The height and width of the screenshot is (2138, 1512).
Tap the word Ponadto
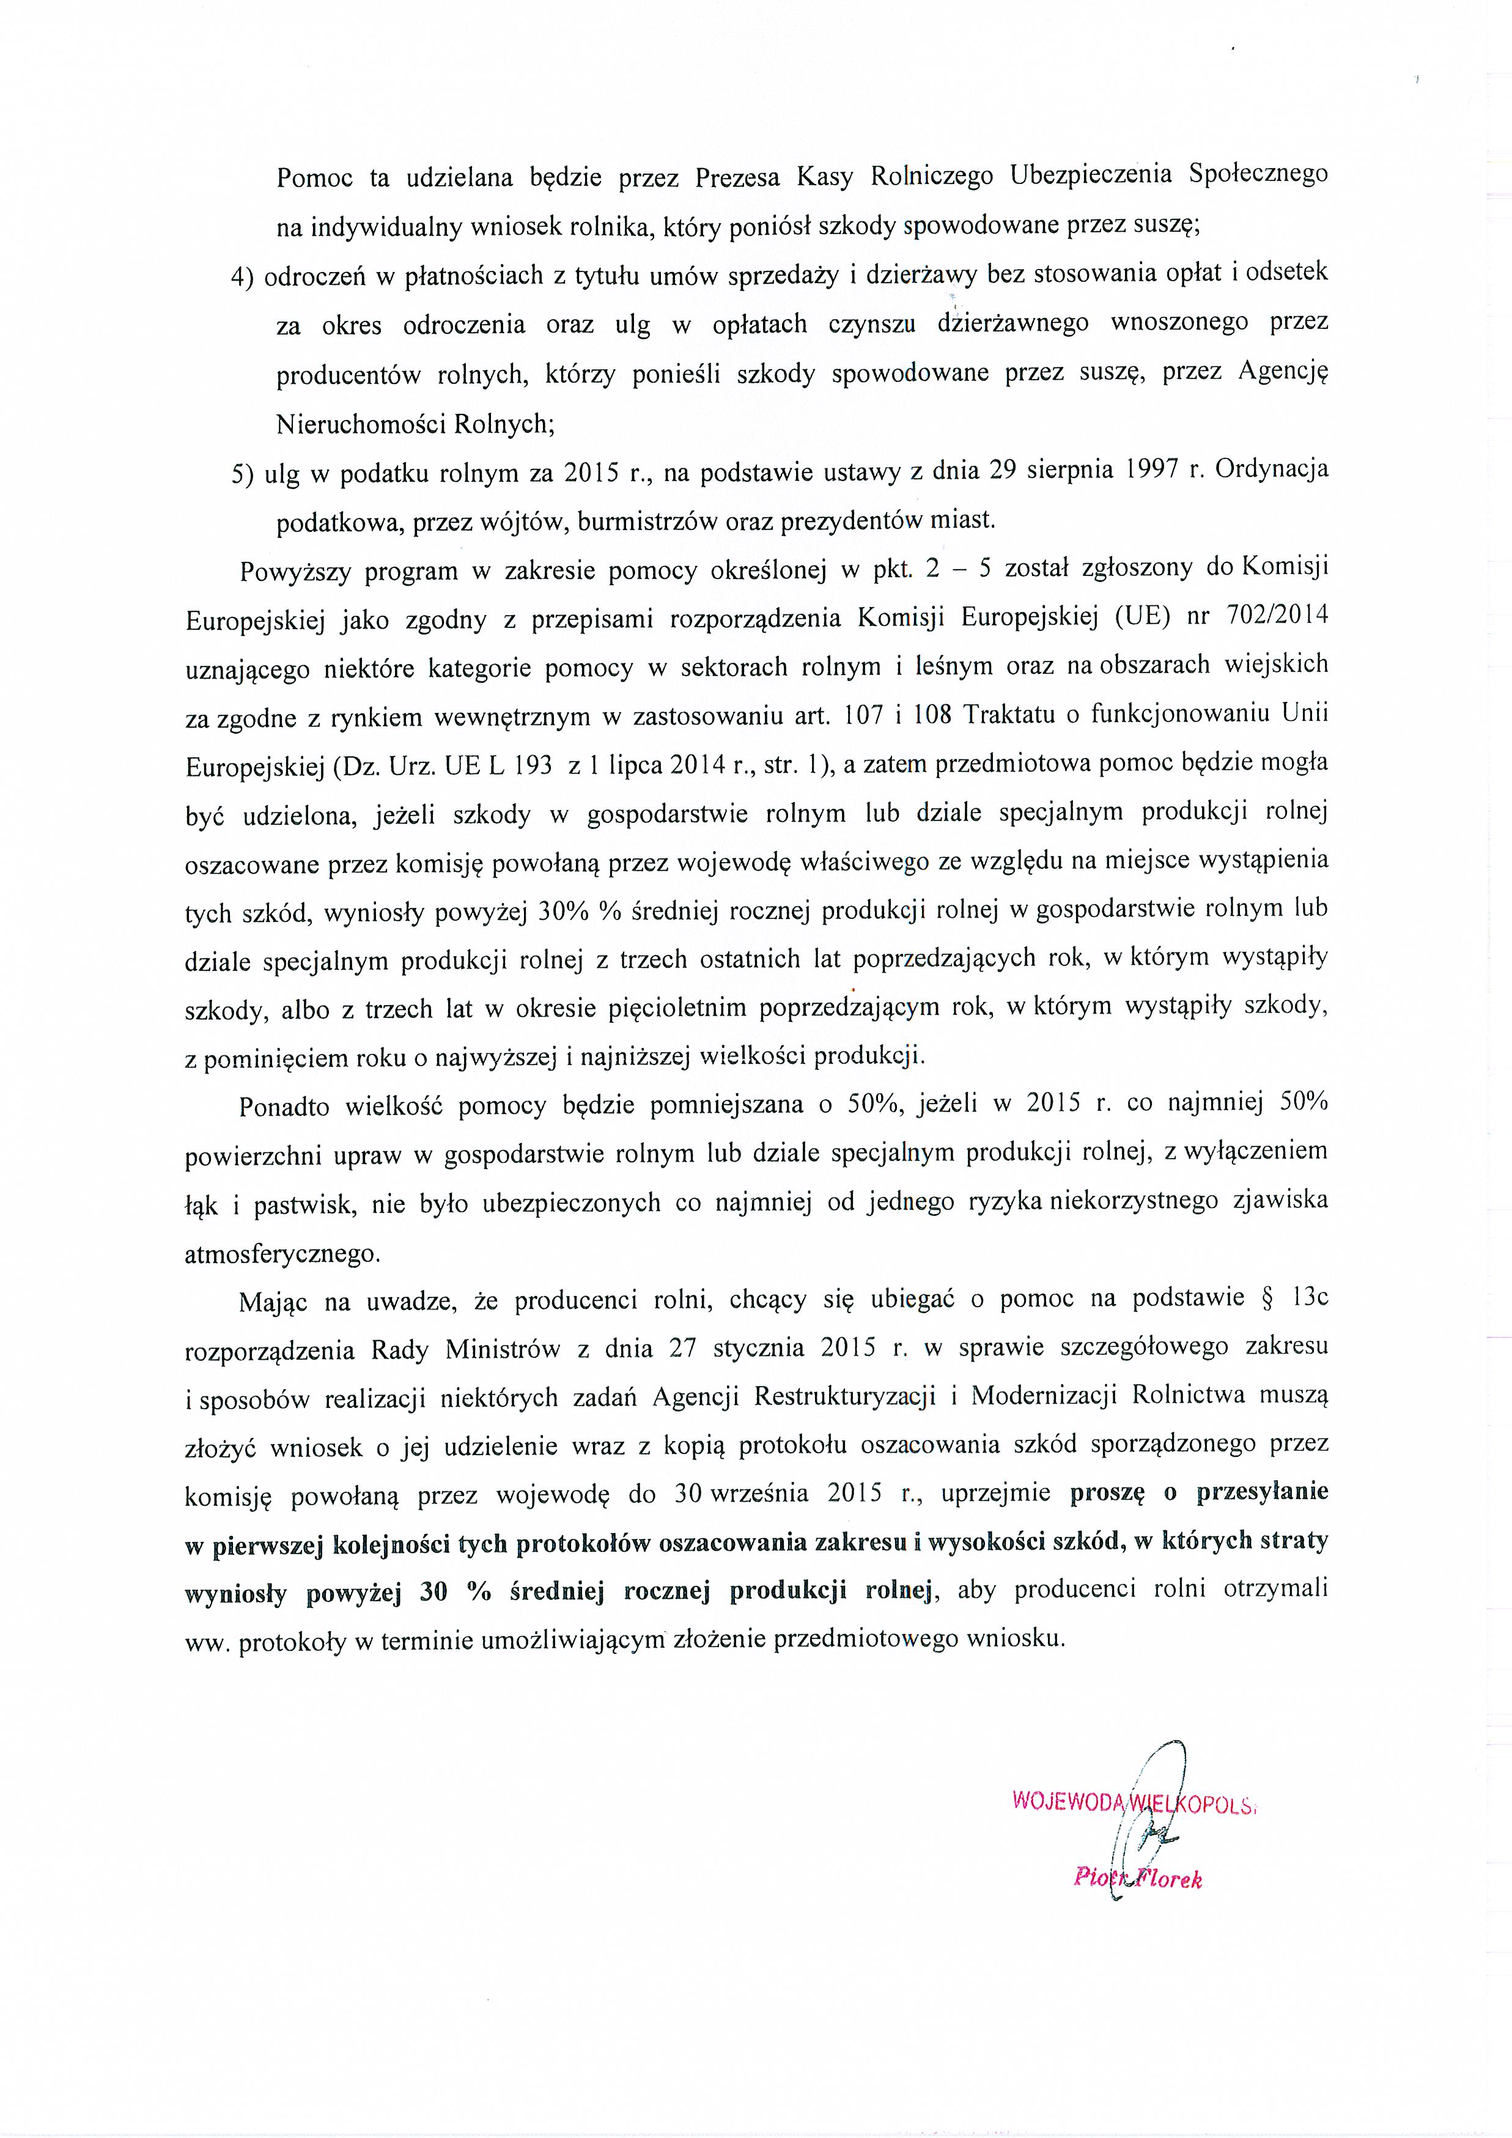click(284, 1106)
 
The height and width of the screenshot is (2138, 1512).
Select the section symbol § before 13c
click(1267, 1298)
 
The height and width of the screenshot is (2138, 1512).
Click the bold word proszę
click(1105, 1494)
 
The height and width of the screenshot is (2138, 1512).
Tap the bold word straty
click(1294, 1542)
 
